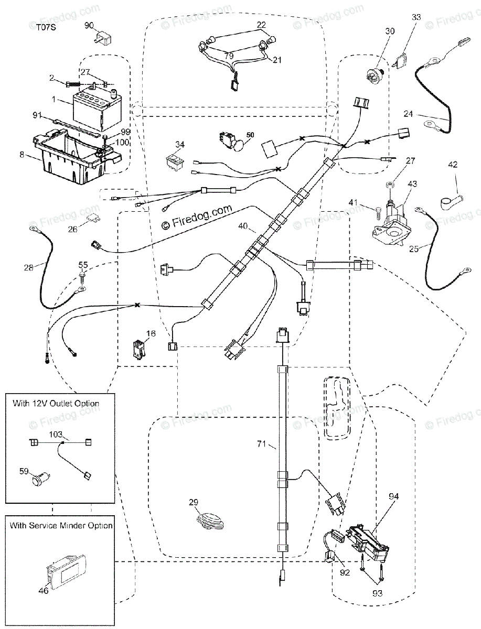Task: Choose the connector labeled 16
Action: tap(137, 350)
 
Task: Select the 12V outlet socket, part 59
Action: tap(41, 479)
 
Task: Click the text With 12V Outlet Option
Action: tap(56, 404)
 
